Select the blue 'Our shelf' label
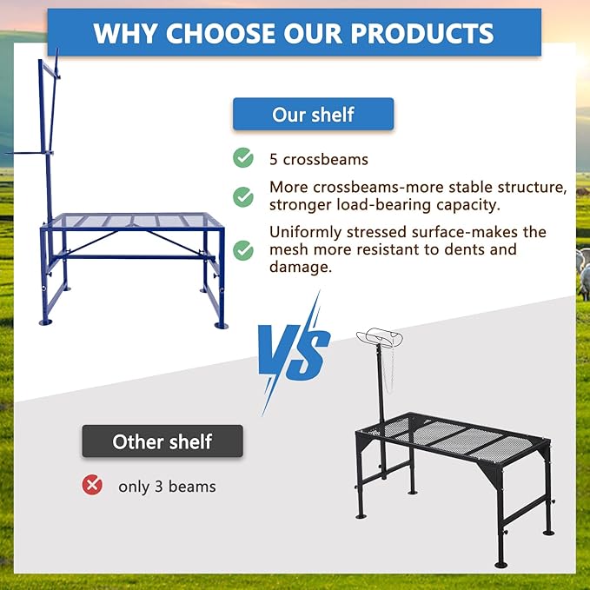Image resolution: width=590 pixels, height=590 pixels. click(x=313, y=114)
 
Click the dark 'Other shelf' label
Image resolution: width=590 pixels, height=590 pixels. click(x=162, y=441)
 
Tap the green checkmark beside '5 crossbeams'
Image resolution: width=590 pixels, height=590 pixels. click(x=243, y=158)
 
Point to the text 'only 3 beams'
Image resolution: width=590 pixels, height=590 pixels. click(x=167, y=486)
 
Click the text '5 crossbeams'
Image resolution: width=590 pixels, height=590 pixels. click(x=318, y=160)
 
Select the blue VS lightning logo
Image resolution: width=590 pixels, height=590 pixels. click(x=294, y=352)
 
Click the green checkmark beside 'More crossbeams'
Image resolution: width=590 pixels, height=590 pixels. click(x=243, y=196)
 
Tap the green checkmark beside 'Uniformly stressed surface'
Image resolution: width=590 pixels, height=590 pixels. click(x=243, y=250)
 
